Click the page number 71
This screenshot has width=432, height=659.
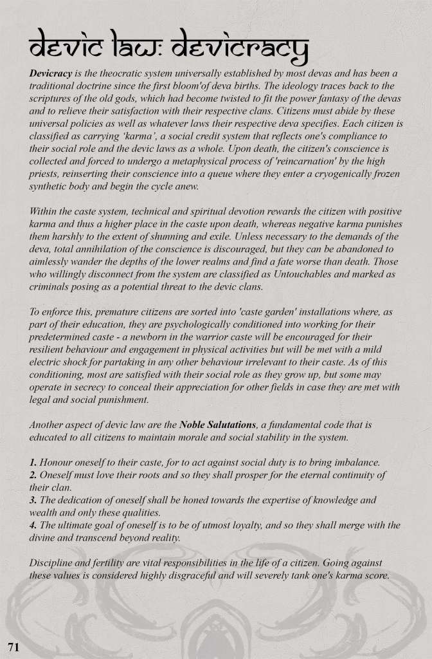tap(14, 645)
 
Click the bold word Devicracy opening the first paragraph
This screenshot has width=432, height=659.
tap(50, 74)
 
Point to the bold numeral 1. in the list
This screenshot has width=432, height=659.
tap(33, 462)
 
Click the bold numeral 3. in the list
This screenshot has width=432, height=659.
tap(33, 499)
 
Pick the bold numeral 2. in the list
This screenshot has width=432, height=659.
tap(33, 475)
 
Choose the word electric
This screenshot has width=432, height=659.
tap(48, 362)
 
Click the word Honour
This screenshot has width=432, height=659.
tap(58, 462)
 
